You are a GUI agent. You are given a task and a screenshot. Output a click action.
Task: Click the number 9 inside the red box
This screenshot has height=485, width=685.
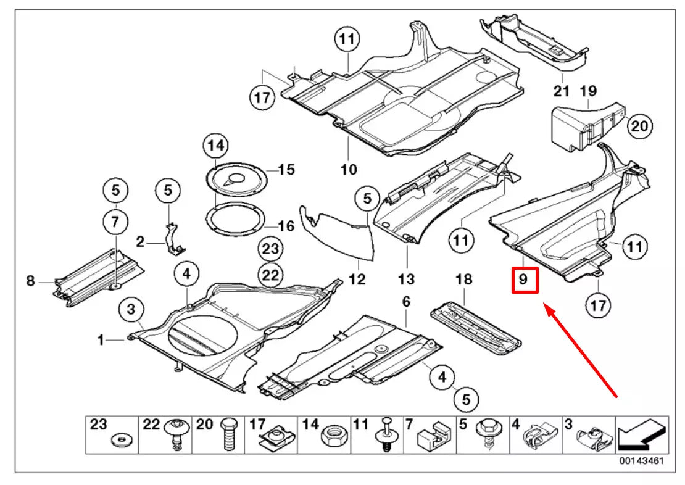click(523, 279)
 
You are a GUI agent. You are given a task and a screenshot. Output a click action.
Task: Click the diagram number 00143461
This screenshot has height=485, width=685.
click(642, 461)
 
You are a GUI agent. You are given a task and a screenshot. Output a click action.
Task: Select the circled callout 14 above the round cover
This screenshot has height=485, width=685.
click(215, 146)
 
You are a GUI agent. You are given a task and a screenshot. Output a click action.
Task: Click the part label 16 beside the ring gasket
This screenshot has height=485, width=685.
click(286, 226)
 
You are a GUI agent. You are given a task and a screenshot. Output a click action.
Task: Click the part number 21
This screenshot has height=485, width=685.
click(560, 91)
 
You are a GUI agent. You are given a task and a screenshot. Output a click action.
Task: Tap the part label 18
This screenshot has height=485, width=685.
click(463, 279)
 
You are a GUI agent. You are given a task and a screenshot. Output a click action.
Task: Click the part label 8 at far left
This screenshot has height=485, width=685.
click(30, 281)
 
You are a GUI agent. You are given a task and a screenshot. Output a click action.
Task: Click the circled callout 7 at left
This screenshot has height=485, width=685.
click(115, 221)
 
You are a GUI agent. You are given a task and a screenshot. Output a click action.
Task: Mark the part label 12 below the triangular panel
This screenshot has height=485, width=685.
click(357, 279)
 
